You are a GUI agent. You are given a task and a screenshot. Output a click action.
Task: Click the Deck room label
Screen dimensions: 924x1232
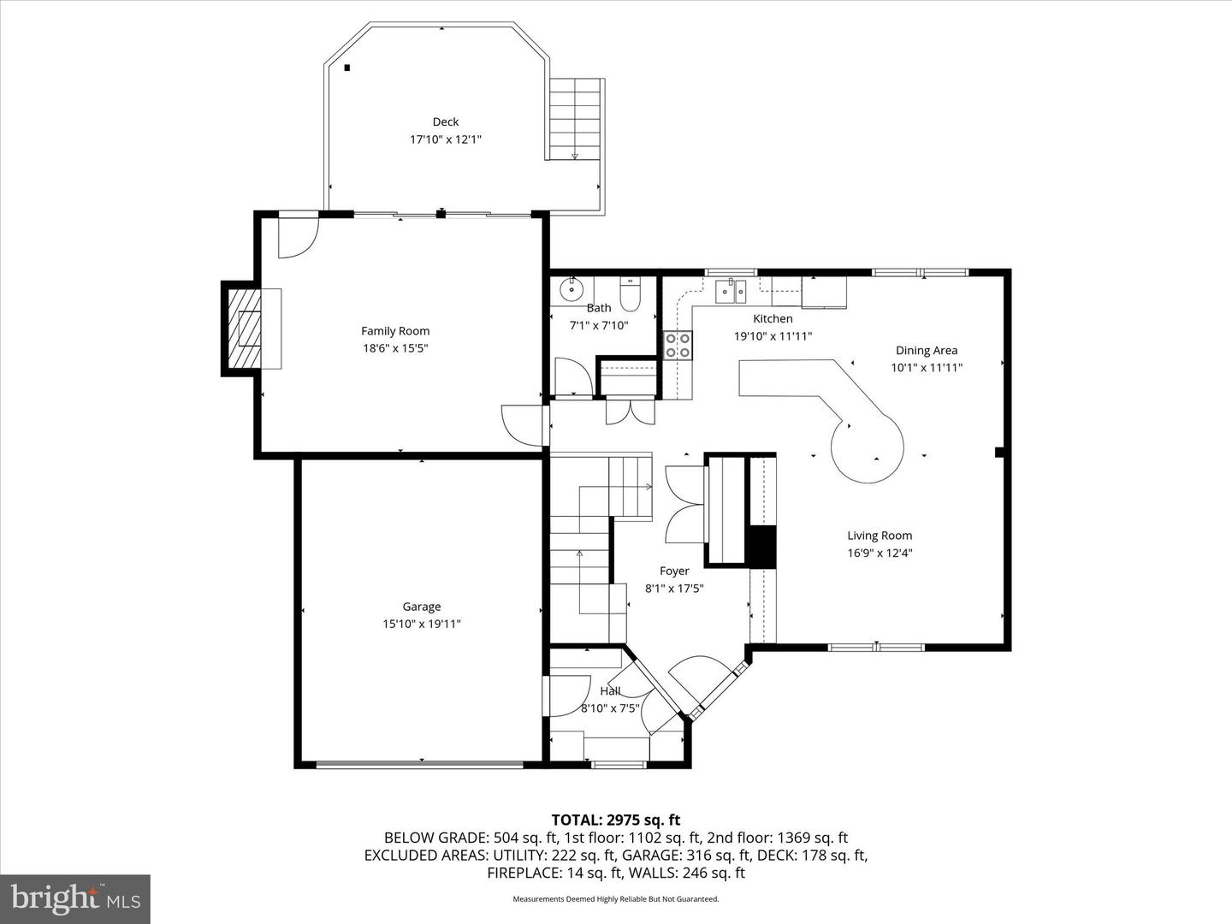445,122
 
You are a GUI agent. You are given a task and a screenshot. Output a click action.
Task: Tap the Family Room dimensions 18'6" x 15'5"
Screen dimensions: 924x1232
395,348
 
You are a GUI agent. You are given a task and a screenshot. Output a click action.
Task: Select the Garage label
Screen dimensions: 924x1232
421,607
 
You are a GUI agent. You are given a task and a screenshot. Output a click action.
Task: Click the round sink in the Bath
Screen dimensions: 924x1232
571,291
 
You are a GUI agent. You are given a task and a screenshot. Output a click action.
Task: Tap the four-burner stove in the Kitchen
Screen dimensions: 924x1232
678,345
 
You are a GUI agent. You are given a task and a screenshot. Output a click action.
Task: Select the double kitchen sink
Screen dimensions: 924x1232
731,292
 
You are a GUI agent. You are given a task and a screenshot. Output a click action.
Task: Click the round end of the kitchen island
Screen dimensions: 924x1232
868,447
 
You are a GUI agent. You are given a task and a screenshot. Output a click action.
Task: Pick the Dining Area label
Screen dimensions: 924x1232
926,350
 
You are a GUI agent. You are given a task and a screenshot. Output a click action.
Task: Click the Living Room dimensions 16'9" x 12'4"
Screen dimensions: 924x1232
880,553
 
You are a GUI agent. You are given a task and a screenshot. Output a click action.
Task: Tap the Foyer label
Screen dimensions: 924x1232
674,571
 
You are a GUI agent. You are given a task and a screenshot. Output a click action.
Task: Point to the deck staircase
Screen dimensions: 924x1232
575,119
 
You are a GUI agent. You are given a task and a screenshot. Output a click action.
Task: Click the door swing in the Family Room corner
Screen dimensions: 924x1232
298,236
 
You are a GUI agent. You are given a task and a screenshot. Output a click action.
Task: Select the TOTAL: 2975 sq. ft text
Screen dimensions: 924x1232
615,820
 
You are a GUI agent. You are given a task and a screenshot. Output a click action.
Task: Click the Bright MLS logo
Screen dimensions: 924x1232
75,898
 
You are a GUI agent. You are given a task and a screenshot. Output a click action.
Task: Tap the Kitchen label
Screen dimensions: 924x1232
773,318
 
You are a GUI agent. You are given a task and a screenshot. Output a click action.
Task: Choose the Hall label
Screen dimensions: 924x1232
610,690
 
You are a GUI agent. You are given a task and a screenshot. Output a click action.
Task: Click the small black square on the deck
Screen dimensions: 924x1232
346,68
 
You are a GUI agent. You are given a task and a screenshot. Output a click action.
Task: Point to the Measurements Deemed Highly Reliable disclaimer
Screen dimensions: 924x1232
615,899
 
